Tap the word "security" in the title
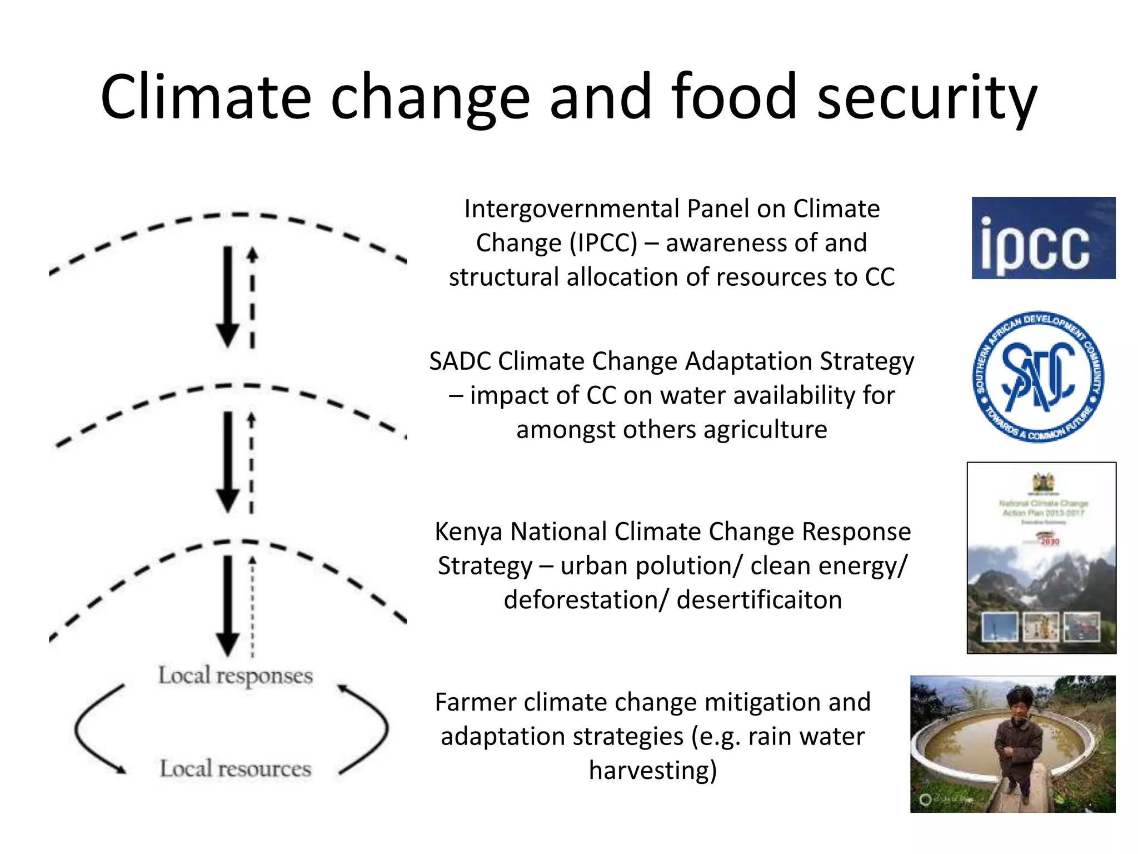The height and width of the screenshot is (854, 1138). [927, 98]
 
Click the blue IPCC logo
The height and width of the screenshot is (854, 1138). [1043, 238]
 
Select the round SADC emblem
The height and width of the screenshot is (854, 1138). [1038, 377]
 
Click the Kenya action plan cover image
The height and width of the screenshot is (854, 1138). [1041, 558]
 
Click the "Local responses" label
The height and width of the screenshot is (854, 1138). [236, 676]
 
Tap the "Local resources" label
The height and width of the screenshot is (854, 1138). [236, 768]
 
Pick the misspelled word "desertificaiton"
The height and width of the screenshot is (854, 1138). [759, 600]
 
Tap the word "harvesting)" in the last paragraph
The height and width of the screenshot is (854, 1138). [653, 771]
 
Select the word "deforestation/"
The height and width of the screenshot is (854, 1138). [586, 600]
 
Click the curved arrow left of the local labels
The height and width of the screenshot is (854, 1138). [92, 728]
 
